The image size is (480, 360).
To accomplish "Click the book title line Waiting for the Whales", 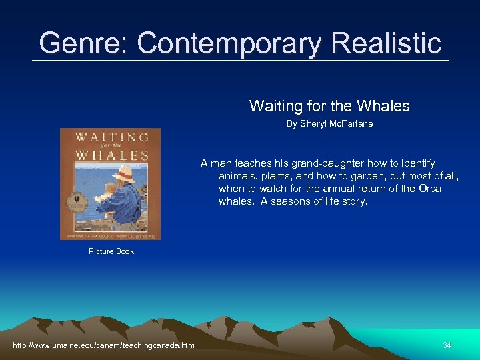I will click(329, 106).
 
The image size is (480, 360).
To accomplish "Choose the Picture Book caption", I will click(111, 251).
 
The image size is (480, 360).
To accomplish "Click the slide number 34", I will click(447, 345).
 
